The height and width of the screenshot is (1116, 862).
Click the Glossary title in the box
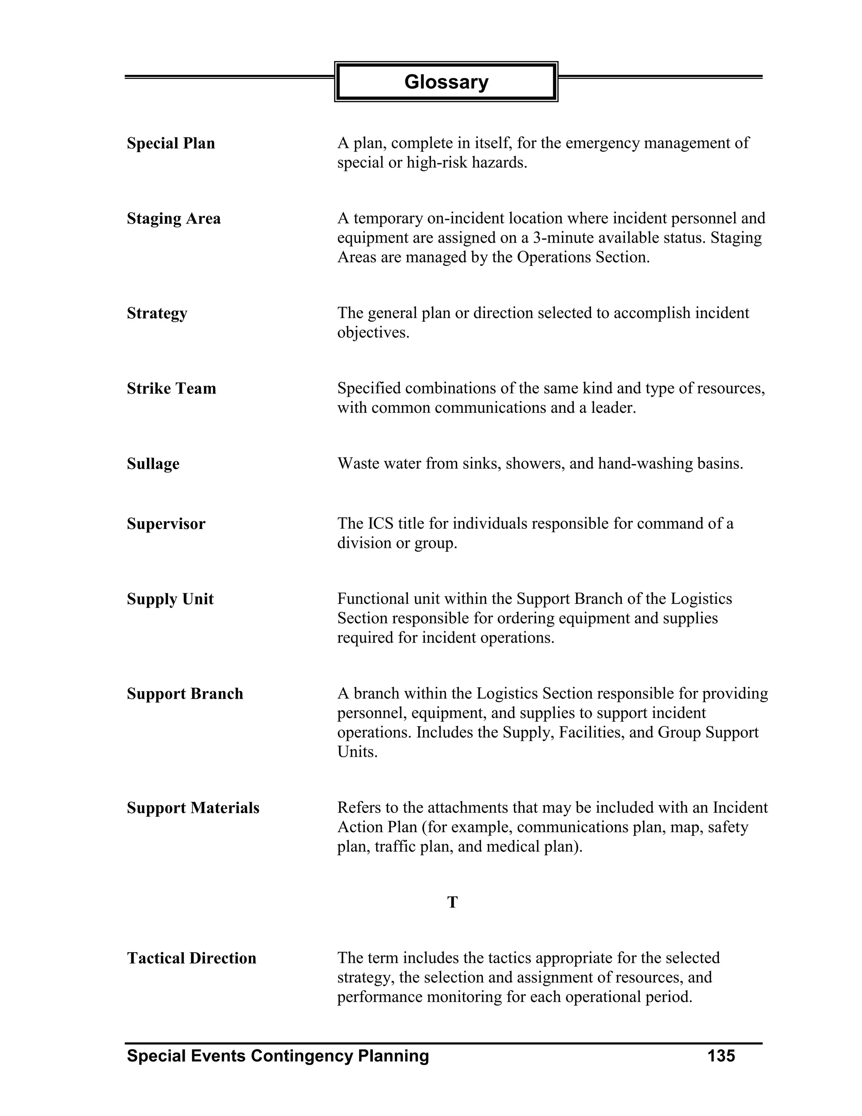[446, 82]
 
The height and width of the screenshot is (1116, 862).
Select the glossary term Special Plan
[170, 144]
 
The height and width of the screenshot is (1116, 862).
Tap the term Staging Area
[174, 219]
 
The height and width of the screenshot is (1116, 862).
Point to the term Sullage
[153, 464]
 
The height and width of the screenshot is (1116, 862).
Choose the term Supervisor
[165, 524]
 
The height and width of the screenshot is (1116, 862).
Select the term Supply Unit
[170, 599]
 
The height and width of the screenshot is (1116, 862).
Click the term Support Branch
[185, 694]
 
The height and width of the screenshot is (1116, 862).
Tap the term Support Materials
[193, 808]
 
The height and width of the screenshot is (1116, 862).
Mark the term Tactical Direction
[192, 958]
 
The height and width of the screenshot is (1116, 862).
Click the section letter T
[452, 903]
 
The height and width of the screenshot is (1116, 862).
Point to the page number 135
[721, 1056]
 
